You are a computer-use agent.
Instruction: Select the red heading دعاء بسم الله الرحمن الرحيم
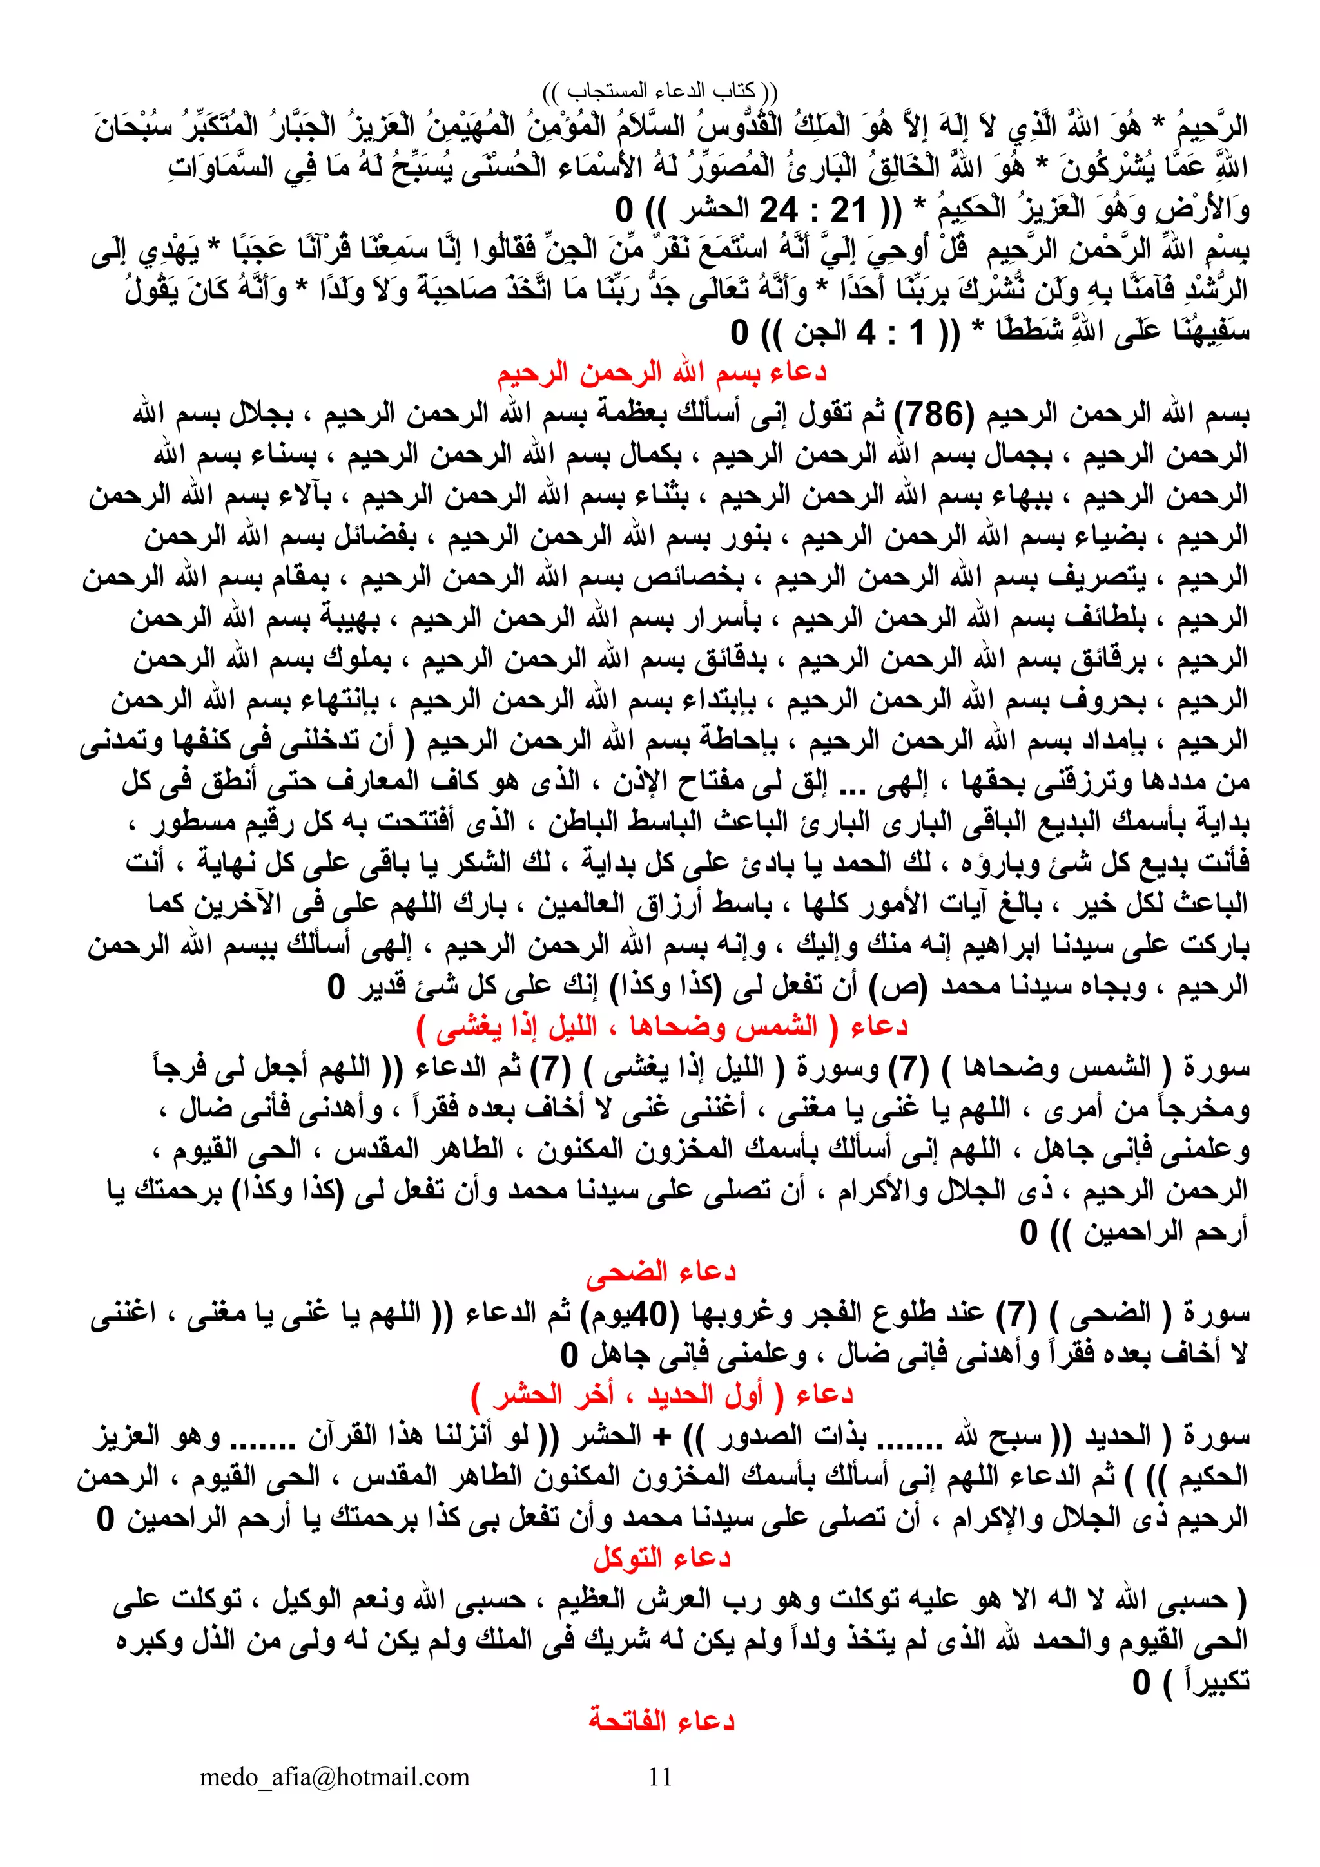click(661, 373)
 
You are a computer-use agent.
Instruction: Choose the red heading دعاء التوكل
click(661, 1558)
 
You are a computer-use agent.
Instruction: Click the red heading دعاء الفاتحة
click(661, 1721)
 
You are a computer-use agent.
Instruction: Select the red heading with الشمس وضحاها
click(661, 1027)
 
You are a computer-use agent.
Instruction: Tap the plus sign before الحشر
click(665, 1436)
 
